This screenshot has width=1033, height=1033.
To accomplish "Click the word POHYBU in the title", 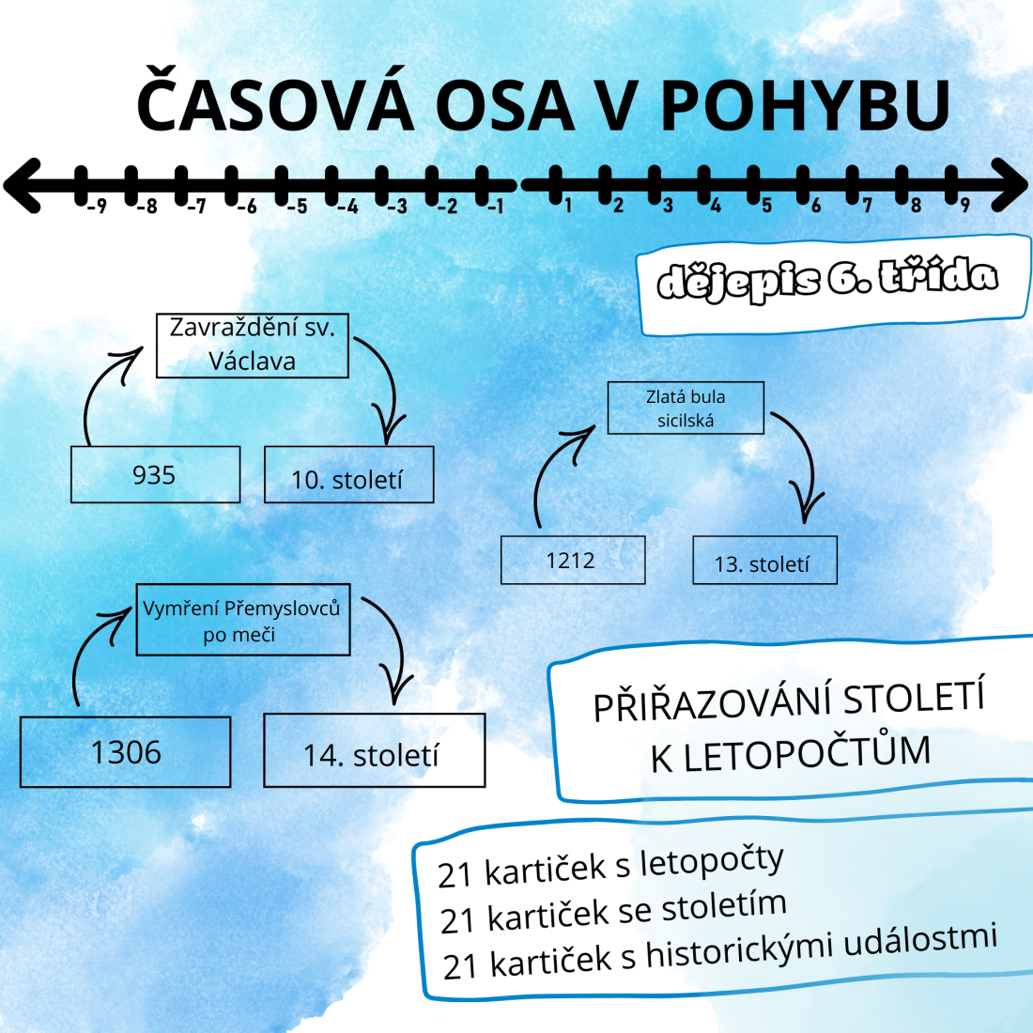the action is pos(805,105).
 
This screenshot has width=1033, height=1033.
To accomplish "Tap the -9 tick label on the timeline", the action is pos(97,207).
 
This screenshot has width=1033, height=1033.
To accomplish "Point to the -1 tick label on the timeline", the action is pos(496,207).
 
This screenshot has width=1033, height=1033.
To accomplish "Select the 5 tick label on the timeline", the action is pos(766,206).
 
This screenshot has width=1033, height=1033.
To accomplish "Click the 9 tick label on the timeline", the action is pos(965,206).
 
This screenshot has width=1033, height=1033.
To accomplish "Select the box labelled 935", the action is pos(156,474).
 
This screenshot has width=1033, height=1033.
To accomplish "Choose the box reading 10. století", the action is pos(348,474).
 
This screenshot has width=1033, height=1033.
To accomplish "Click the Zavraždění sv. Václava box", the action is pos(253,346).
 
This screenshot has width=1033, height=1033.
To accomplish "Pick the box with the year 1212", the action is pos(573,560).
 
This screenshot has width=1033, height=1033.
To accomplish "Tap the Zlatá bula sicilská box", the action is pos(686,408).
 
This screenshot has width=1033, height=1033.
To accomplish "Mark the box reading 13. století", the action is pos(764,560).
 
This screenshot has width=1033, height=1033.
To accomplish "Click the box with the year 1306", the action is pos(125,751).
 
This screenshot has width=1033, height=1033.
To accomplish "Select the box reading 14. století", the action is pos(374,749).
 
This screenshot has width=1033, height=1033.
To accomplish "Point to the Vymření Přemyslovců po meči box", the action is pos(243,619).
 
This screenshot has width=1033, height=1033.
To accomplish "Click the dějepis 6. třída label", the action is pos(827,280).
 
